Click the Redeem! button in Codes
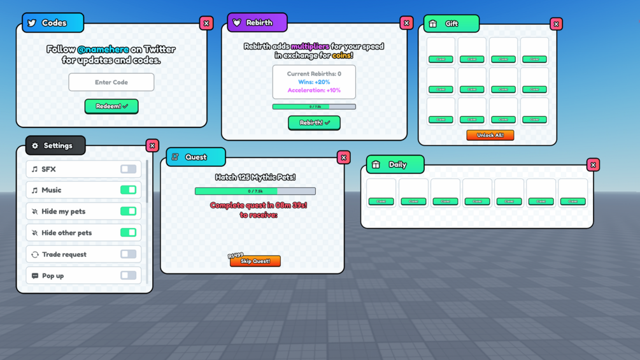click(x=111, y=106)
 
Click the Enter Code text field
click(x=111, y=82)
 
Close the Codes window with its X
click(x=206, y=24)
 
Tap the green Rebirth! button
click(x=314, y=122)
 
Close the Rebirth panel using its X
click(x=406, y=24)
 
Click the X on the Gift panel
click(x=556, y=24)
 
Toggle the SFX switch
click(x=128, y=169)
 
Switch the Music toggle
click(x=128, y=190)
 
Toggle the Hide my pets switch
click(x=128, y=211)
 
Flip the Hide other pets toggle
click(x=128, y=233)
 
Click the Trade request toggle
click(x=128, y=254)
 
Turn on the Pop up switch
click(x=128, y=276)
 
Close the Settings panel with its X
click(x=152, y=146)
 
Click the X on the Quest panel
click(x=344, y=157)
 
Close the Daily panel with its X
click(x=593, y=165)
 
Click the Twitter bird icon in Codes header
click(x=32, y=23)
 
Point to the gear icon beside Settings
click(x=35, y=146)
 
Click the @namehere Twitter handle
click(x=103, y=49)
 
